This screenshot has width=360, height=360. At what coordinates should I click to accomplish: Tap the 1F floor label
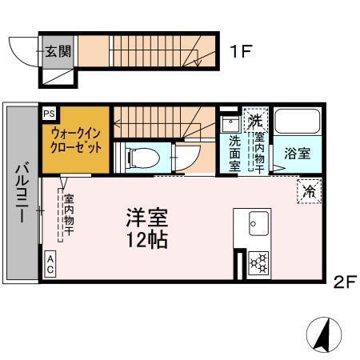coord(241,53)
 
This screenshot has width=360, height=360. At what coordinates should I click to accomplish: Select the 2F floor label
coord(344,281)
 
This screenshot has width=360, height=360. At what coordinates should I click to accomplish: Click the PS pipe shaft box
coord(50,114)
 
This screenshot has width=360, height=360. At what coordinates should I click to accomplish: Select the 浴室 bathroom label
coord(298,154)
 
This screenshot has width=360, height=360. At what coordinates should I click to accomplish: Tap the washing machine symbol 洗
coord(255,121)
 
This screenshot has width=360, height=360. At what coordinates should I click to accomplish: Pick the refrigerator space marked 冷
coord(309,190)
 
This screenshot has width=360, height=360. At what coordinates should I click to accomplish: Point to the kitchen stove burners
coord(259,261)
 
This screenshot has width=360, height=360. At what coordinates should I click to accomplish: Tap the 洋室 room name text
coord(146,216)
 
